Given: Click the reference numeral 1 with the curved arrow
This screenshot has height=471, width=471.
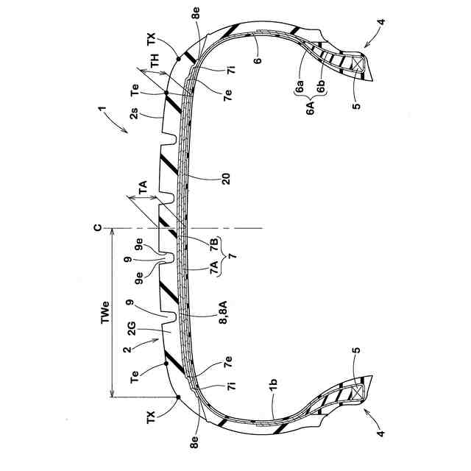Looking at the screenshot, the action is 102,109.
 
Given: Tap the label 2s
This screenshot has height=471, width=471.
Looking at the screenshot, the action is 134,113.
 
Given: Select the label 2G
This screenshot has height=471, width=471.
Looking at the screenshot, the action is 132,328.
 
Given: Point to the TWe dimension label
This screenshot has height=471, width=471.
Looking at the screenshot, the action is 105,312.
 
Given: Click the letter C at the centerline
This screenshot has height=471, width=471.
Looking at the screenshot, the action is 98,228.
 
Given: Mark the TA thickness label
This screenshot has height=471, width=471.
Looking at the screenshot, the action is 143,187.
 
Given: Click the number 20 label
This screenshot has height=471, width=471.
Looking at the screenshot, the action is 225,179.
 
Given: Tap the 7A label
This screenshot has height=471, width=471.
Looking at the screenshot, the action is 214,267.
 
